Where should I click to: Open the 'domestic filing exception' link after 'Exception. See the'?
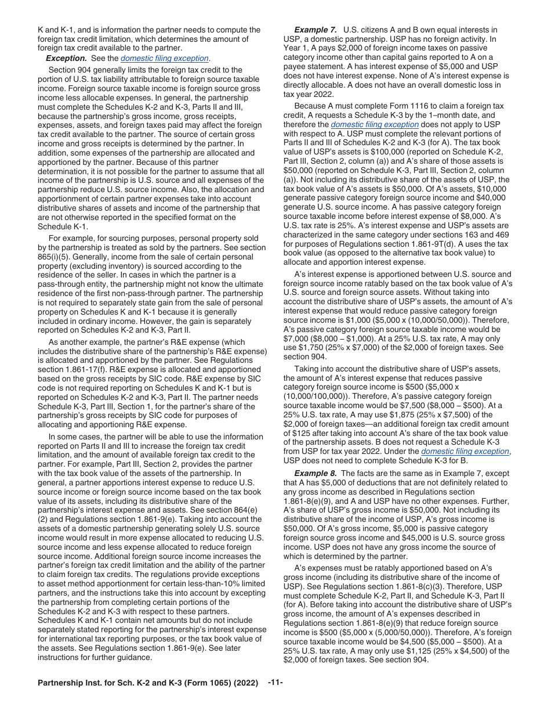(x=164, y=58)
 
